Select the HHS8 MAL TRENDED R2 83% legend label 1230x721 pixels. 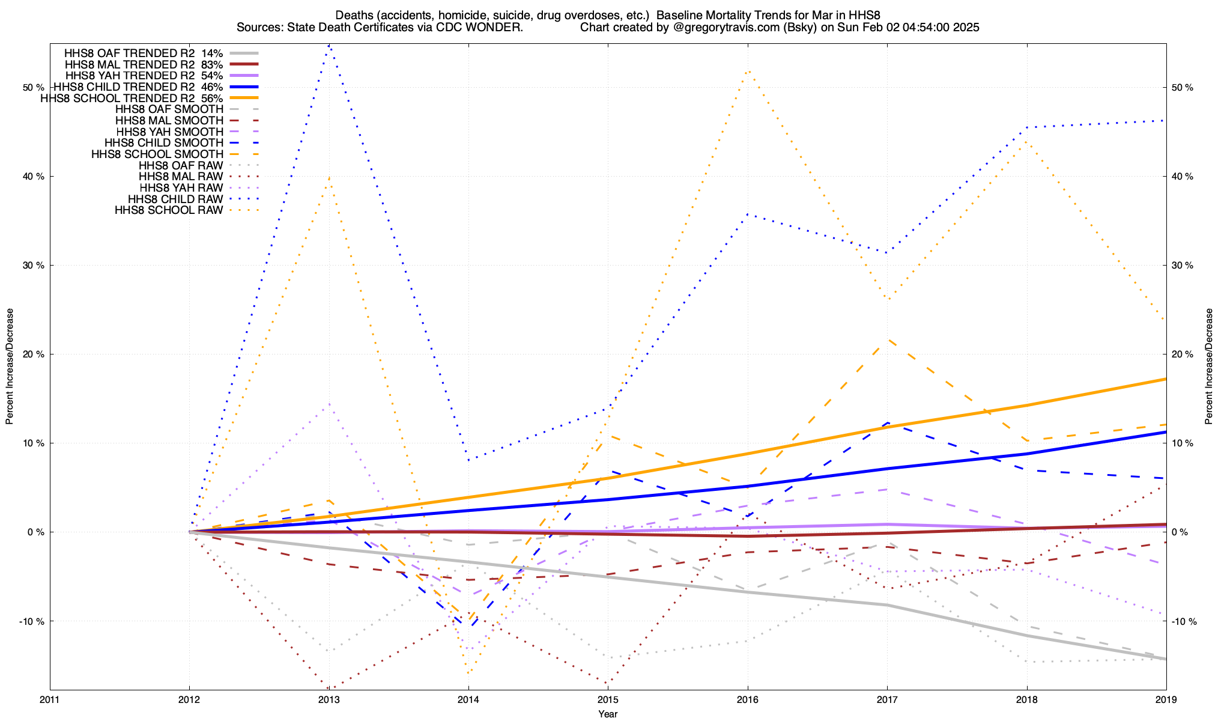[144, 64]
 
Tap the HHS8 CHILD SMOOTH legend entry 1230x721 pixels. [164, 143]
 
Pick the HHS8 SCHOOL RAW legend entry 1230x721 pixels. [169, 210]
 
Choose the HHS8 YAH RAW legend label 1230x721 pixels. [181, 188]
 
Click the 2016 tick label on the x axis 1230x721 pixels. [747, 700]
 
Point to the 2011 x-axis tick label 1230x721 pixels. [50, 700]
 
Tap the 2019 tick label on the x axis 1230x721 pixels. [1166, 700]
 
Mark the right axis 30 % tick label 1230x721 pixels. [1183, 266]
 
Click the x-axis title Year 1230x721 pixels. [608, 714]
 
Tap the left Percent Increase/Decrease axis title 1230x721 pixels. [10, 367]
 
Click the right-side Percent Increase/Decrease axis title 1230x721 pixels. [1209, 367]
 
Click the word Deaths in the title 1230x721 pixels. [353, 14]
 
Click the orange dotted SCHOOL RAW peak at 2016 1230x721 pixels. [747, 71]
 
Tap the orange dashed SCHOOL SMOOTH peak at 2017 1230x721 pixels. [887, 340]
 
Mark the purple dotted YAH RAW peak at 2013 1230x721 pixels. [329, 404]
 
